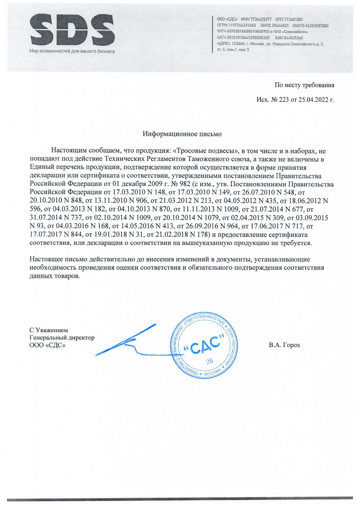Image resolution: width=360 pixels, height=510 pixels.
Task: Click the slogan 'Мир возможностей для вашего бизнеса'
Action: click(72, 51)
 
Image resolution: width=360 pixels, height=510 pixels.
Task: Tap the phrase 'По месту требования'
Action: click(304, 85)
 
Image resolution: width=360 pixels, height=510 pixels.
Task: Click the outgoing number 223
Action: click(284, 100)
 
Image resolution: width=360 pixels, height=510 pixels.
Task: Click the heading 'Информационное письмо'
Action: click(182, 134)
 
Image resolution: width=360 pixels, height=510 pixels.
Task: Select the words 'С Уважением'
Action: click(49, 330)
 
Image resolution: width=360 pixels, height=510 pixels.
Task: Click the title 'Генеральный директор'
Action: click(62, 338)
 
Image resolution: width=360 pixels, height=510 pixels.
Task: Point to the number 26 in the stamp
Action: click(209, 361)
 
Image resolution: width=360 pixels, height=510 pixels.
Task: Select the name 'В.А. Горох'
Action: click(284, 345)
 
